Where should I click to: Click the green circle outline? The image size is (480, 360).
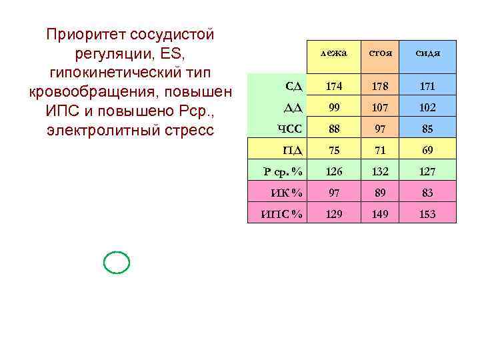[117, 263]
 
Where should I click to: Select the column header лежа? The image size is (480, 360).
[333, 53]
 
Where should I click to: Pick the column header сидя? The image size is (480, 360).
[427, 53]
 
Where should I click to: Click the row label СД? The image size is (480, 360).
[293, 85]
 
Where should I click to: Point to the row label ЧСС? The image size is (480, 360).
[290, 128]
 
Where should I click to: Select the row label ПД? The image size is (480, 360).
[292, 150]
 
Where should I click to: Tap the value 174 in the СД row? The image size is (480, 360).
[333, 86]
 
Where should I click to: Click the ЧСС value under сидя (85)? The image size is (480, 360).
[427, 129]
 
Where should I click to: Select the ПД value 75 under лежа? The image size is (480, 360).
[333, 150]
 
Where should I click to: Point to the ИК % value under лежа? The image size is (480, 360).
[333, 193]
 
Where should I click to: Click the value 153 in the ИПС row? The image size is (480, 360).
[427, 215]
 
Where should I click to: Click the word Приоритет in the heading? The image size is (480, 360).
[85, 34]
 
